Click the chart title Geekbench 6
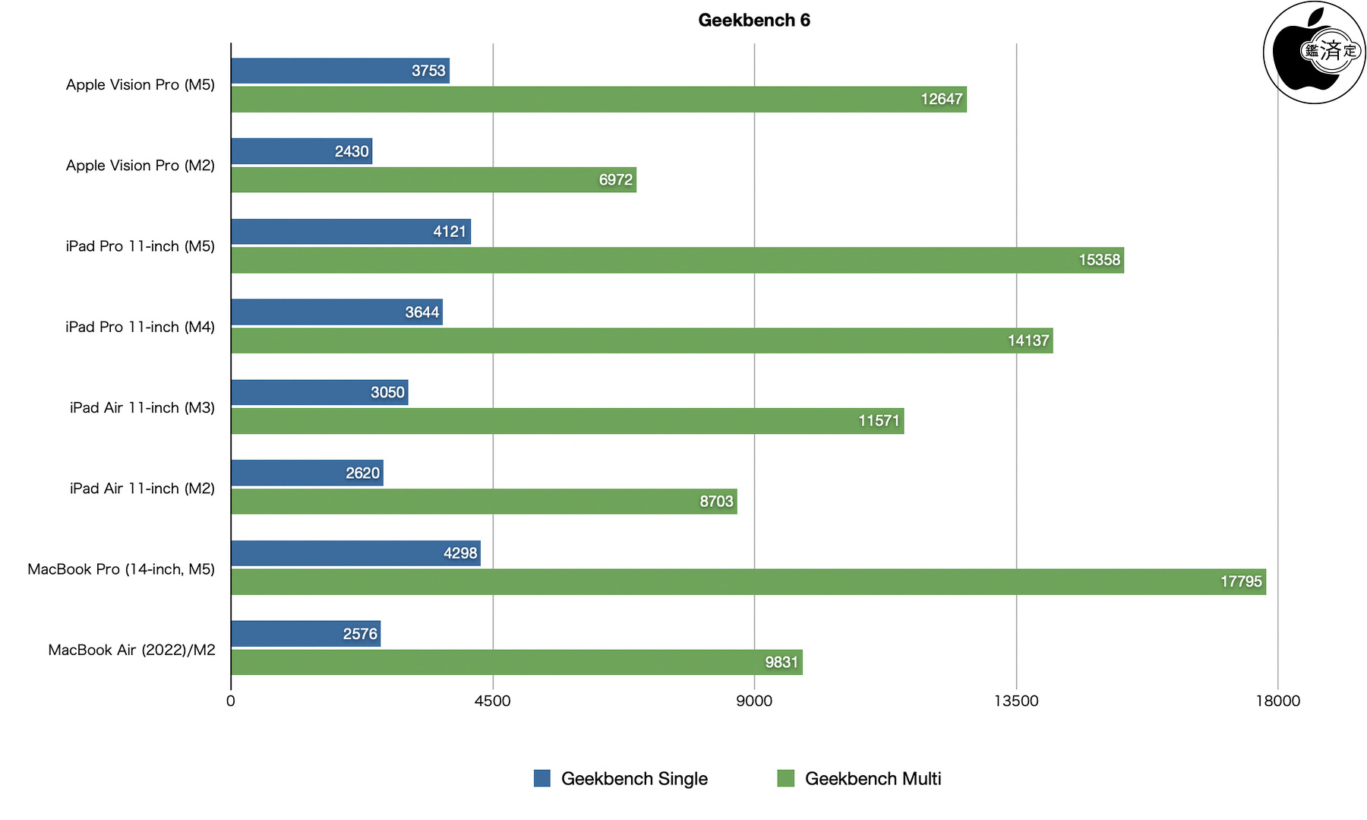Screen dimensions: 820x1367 (x=753, y=21)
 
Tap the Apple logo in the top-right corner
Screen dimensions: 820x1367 (x=1314, y=52)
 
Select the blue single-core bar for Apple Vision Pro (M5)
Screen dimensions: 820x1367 (x=340, y=71)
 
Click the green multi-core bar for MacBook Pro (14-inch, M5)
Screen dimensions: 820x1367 (x=748, y=582)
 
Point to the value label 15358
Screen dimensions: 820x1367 (x=1099, y=260)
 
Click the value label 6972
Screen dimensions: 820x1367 (x=615, y=180)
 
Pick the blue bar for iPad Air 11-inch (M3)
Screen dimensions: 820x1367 (x=319, y=392)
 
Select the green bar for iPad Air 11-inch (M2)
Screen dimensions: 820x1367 (x=484, y=502)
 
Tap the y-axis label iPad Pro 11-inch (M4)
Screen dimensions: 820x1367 (x=140, y=327)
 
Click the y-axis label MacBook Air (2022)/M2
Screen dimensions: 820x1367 (x=132, y=650)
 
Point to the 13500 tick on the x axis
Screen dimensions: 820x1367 (x=1016, y=701)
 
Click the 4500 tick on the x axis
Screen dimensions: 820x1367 (x=492, y=701)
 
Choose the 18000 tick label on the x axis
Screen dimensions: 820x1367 (x=1277, y=701)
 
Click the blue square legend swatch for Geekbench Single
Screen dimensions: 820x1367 (x=542, y=778)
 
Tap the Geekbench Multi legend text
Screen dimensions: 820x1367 (x=873, y=779)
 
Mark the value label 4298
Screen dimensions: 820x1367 (x=460, y=553)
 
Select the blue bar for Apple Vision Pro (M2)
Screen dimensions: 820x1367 (x=301, y=151)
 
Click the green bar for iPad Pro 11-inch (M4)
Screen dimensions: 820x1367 (x=642, y=340)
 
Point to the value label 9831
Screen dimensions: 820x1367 (x=781, y=663)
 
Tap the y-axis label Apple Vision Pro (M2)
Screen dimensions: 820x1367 (x=140, y=166)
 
